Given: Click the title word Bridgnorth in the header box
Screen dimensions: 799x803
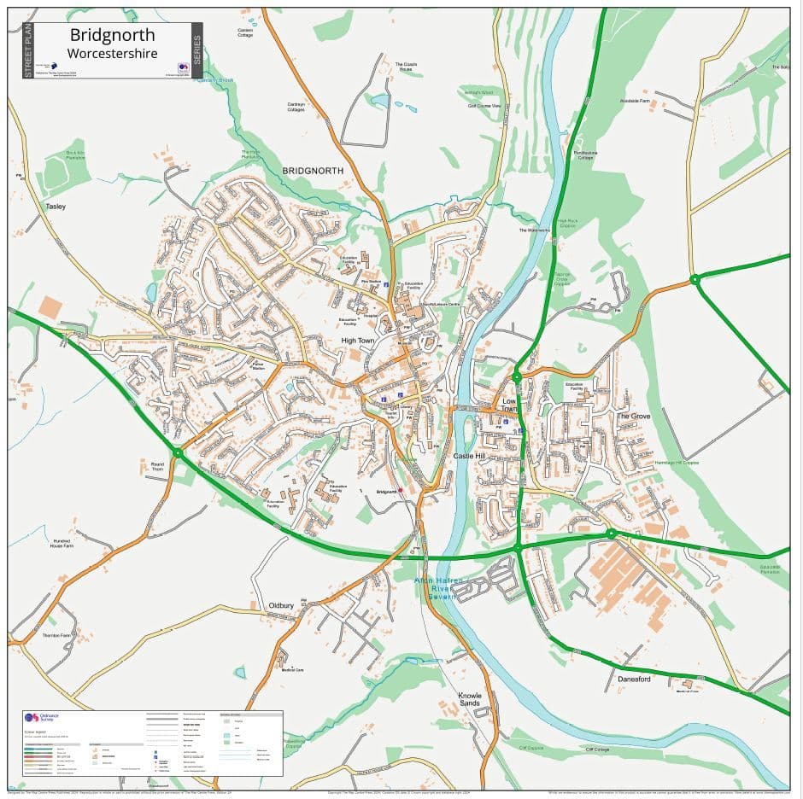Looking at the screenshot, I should click(113, 35).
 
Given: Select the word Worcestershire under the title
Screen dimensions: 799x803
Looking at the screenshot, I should click(113, 53).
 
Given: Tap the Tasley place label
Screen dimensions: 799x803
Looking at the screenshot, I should click(56, 207).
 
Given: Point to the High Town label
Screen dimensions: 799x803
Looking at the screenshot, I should click(358, 341).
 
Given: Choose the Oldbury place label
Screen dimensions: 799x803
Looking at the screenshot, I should click(281, 605).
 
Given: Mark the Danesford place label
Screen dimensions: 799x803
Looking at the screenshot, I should click(634, 679).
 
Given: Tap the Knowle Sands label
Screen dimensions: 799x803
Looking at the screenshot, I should click(470, 700).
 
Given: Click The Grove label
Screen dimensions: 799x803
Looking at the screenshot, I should click(633, 416).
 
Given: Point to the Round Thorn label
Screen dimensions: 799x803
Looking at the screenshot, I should click(157, 467).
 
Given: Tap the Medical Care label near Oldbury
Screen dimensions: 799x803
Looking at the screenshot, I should click(293, 670).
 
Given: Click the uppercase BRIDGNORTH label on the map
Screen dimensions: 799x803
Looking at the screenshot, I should click(313, 171).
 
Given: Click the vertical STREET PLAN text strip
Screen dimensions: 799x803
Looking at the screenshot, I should click(27, 50).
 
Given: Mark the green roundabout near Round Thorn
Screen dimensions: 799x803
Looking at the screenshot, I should click(178, 452).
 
